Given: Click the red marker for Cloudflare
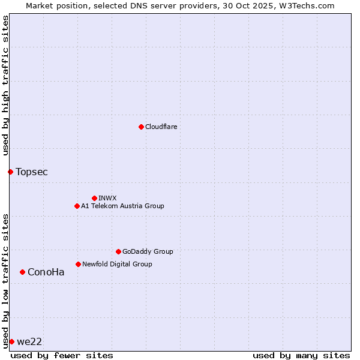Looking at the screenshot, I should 141,127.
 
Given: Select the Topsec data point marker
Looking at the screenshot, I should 10,172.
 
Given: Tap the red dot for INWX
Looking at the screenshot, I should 94,198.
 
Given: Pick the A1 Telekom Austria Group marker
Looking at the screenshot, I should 77,206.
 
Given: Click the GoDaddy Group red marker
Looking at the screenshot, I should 118,251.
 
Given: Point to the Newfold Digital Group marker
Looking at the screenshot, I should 78,264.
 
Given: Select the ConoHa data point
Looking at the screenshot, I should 22,272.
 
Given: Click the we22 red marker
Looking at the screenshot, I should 11,341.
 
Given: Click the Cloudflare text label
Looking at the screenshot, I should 161,127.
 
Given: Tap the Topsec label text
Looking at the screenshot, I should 32,172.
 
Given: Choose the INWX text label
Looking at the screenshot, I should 107,198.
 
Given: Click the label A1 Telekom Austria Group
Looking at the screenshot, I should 122,206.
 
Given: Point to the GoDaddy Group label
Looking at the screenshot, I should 148,251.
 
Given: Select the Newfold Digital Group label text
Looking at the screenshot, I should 117,264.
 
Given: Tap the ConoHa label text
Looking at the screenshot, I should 46,272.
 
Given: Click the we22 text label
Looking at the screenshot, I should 29,341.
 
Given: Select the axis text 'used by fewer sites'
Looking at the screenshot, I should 62,355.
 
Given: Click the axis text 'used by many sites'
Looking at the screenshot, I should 301,355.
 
